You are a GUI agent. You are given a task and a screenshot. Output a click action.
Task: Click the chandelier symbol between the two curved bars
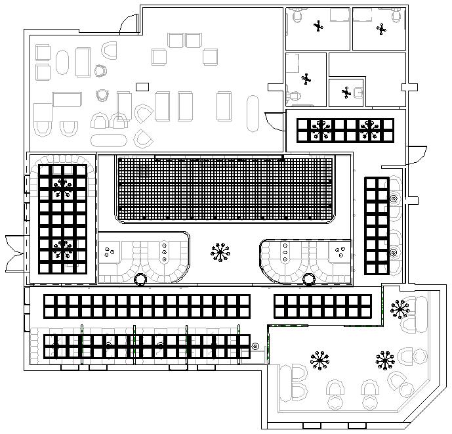tap(220, 251)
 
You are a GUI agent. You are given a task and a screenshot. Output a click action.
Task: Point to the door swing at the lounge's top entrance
tap(129, 23)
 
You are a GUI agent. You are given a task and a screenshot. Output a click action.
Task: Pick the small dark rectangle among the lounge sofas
tap(142, 87)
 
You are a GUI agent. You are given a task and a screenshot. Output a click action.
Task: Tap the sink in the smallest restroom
tap(359, 93)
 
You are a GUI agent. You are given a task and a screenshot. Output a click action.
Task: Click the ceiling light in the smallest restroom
tap(346, 93)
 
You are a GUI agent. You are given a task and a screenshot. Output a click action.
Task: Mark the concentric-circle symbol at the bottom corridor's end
tap(255, 346)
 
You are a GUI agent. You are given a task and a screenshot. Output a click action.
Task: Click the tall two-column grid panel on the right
tap(377, 225)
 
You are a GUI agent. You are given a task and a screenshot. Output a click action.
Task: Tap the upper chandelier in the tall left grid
tap(63, 188)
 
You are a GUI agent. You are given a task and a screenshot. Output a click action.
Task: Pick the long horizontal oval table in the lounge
tap(109, 140)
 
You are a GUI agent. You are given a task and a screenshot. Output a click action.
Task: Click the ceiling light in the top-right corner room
tap(382, 28)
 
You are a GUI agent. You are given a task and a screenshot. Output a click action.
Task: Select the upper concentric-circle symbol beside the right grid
tap(394, 198)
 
